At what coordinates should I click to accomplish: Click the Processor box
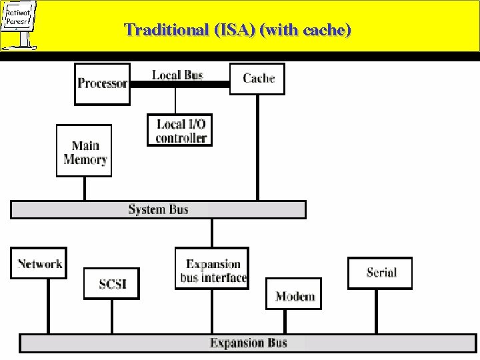102,83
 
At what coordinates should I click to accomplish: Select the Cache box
258,79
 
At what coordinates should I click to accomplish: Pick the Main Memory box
85,152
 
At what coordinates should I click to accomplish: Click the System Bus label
158,209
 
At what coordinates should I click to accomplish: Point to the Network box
39,264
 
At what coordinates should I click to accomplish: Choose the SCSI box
111,285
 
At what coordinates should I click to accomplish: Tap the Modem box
295,296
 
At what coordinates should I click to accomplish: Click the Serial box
381,272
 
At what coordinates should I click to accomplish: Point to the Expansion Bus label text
249,343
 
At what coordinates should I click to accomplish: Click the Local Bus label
177,74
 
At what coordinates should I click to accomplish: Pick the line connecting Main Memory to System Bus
85,188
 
